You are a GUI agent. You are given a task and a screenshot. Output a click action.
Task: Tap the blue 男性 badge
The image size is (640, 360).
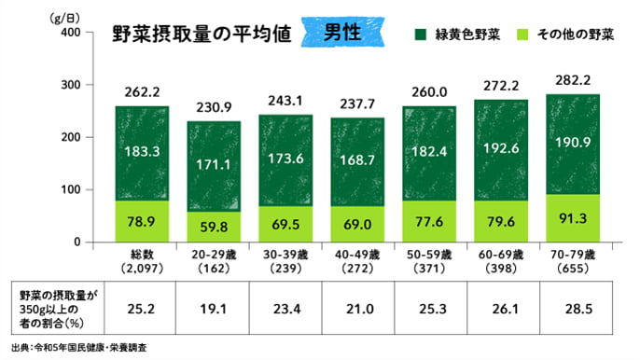point(343,32)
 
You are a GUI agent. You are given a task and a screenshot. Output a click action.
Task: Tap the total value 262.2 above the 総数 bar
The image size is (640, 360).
point(142,91)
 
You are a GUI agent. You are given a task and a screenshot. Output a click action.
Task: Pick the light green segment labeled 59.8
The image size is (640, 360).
point(215,227)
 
